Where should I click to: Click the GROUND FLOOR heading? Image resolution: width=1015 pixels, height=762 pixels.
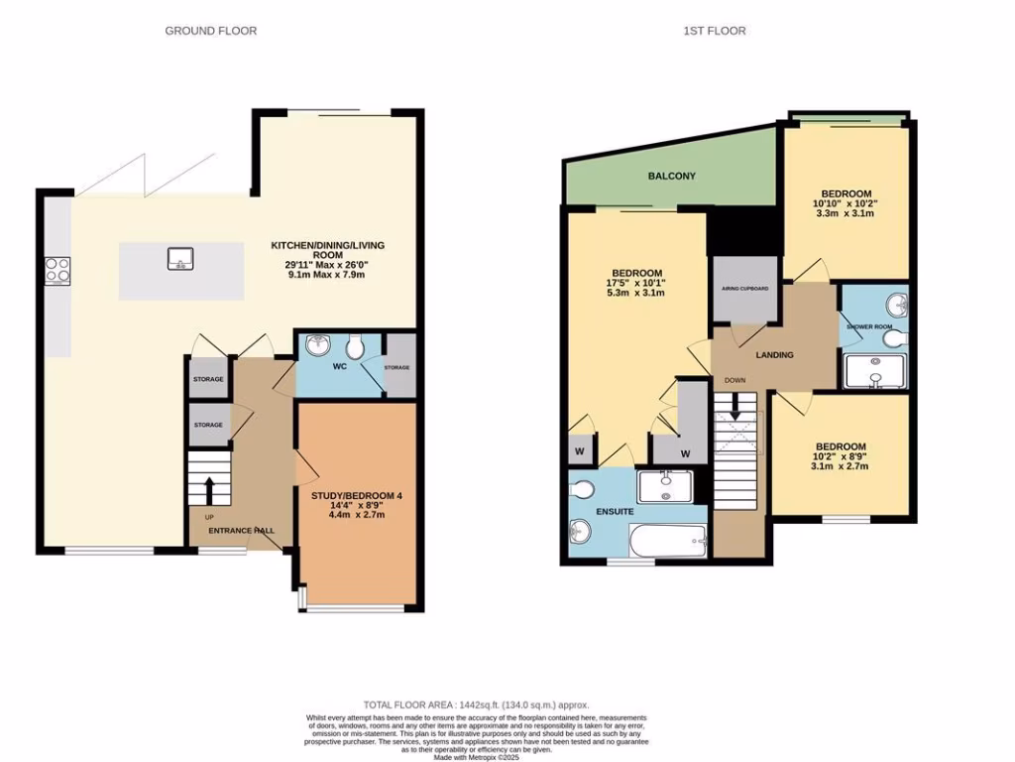pyautogui.click(x=210, y=31)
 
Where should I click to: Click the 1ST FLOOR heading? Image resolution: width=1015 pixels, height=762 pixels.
pyautogui.click(x=715, y=31)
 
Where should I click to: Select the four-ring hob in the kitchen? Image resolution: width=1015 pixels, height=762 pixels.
pyautogui.click(x=57, y=270)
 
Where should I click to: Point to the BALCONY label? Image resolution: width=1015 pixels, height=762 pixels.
pyautogui.click(x=671, y=177)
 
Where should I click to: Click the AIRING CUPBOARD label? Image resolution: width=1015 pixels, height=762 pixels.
pyautogui.click(x=745, y=290)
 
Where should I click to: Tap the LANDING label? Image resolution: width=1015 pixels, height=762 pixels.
pyautogui.click(x=773, y=355)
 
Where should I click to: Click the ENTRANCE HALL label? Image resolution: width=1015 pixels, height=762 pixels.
pyautogui.click(x=241, y=531)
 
